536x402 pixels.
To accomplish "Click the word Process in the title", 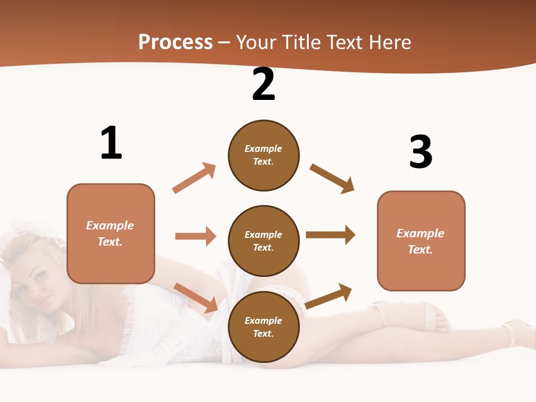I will tap(175, 42).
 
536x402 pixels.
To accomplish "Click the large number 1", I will tap(111, 143).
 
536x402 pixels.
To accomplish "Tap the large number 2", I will tap(264, 84).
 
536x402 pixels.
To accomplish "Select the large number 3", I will tap(420, 152).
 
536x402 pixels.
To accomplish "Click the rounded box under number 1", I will tap(111, 233).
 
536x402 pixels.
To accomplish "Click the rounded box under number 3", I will tap(421, 241).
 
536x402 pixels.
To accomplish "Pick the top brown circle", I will tap(264, 155).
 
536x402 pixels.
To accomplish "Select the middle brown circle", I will tap(264, 241).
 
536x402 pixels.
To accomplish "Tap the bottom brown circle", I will tap(264, 327).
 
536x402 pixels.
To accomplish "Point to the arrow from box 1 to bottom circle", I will tap(196, 298).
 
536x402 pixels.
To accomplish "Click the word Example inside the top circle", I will tap(264, 149).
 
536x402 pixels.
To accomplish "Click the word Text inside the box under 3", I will tap(420, 250).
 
